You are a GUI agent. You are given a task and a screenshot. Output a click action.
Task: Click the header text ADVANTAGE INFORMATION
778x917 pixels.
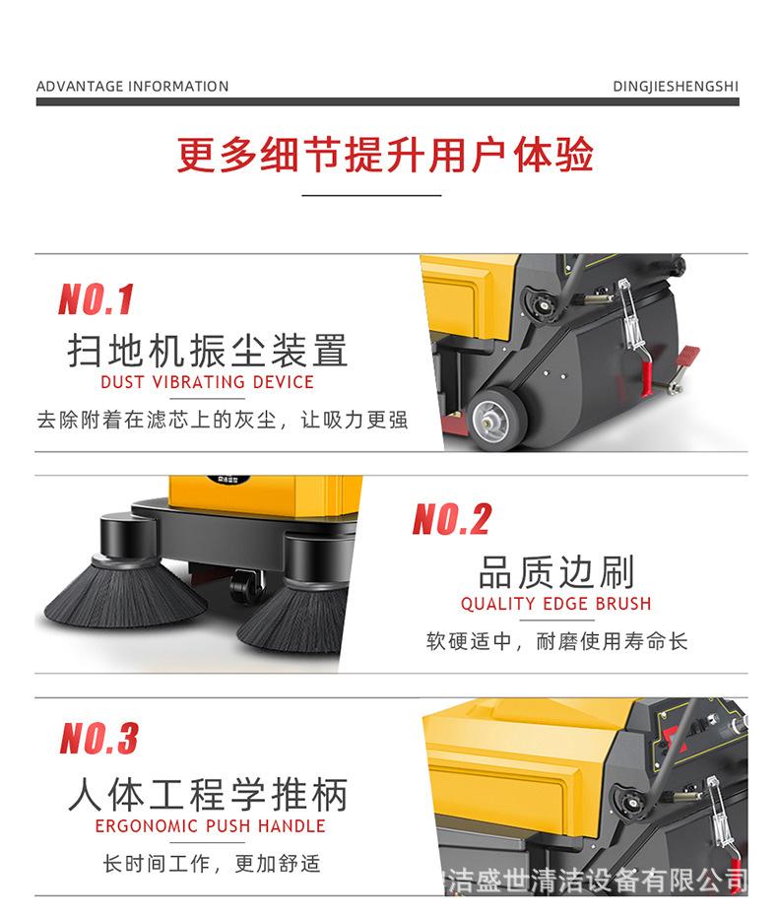coord(132,87)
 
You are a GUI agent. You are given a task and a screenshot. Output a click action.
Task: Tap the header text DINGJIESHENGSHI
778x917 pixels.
coord(675,87)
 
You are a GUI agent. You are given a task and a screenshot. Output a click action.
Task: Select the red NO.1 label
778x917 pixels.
coord(96,299)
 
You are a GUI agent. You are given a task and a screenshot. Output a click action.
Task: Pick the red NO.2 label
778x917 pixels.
coord(451,519)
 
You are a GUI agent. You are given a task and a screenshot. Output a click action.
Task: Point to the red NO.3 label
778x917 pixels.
coord(98,738)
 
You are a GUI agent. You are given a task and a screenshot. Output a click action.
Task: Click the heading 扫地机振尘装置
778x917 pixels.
coord(208,350)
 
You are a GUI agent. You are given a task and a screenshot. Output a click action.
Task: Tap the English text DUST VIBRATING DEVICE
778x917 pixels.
coord(207,382)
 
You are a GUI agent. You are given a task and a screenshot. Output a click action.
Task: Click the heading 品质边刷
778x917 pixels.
coord(556,571)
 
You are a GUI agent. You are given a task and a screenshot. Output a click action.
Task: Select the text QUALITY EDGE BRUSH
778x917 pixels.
coord(555,604)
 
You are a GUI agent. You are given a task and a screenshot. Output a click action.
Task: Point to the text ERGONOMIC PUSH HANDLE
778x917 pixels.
coord(210,826)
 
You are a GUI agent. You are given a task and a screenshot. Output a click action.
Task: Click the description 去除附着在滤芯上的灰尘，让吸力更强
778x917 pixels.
coord(222,420)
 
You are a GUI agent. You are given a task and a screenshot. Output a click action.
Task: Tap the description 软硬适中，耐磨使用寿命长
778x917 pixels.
coord(556,642)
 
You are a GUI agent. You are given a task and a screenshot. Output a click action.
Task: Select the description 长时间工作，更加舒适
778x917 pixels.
coord(212,864)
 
